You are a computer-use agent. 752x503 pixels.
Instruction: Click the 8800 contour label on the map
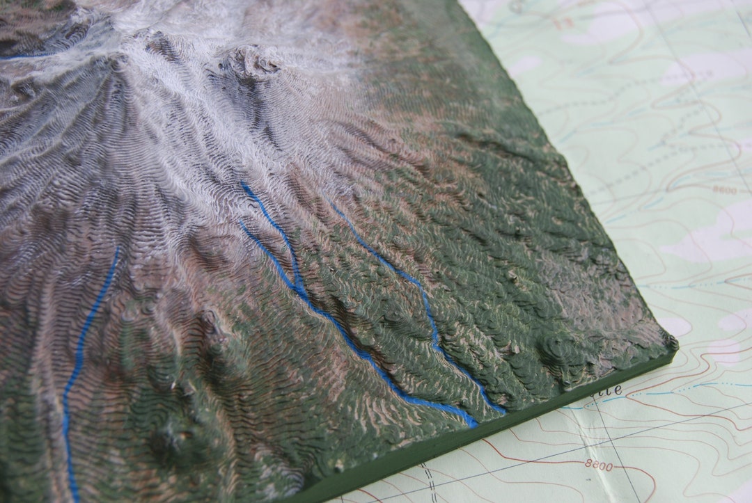tap(599, 465)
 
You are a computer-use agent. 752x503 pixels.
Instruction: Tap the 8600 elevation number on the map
tap(724, 189)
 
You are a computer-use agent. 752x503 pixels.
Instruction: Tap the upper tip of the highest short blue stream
tap(243, 184)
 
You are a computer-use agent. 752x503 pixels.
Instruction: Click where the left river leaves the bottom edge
tap(73, 498)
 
